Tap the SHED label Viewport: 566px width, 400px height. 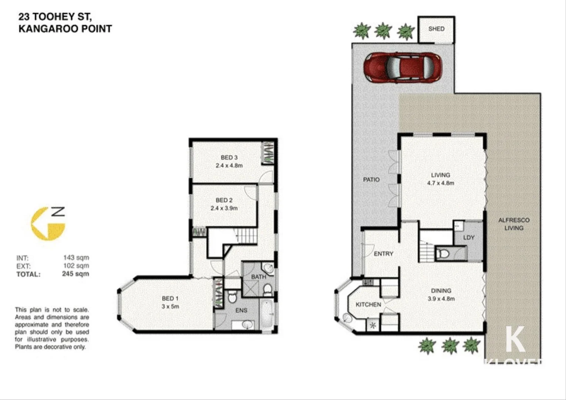(x=436, y=29)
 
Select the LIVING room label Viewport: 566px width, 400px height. (x=440, y=175)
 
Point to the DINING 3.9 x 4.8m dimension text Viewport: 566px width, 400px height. (x=441, y=299)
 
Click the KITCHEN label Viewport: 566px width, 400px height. (x=368, y=304)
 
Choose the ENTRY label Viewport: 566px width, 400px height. (x=383, y=254)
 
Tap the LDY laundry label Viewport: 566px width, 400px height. (x=468, y=237)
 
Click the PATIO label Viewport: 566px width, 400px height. (x=371, y=180)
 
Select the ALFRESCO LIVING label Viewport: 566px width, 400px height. (x=513, y=224)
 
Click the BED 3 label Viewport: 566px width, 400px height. (x=229, y=157)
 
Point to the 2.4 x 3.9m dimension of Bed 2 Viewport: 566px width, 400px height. (x=224, y=208)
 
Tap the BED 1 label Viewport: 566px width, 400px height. (x=170, y=298)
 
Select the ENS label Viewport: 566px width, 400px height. (x=241, y=310)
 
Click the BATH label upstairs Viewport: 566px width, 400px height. (x=258, y=277)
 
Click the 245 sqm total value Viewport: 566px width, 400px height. (x=75, y=274)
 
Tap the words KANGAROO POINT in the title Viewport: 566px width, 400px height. (x=65, y=29)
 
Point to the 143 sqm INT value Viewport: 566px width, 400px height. (x=76, y=257)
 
